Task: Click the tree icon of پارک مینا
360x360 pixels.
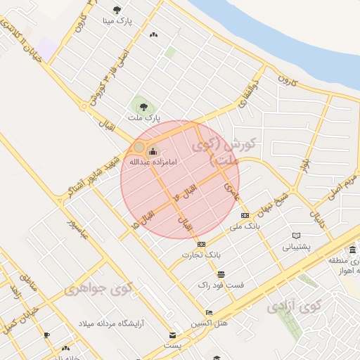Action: point(117,10)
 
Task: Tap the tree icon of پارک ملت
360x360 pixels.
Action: point(143,108)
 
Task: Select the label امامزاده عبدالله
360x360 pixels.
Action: point(151,162)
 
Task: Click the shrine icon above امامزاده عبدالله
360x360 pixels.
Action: point(153,151)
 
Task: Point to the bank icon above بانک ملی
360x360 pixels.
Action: point(245,215)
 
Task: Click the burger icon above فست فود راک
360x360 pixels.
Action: point(221,274)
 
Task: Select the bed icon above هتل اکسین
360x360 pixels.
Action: point(209,312)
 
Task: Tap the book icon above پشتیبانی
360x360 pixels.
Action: point(297,236)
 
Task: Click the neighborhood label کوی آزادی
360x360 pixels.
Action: point(294,307)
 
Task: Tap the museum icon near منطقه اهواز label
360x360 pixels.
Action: point(352,250)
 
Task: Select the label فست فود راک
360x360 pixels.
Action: point(221,285)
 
